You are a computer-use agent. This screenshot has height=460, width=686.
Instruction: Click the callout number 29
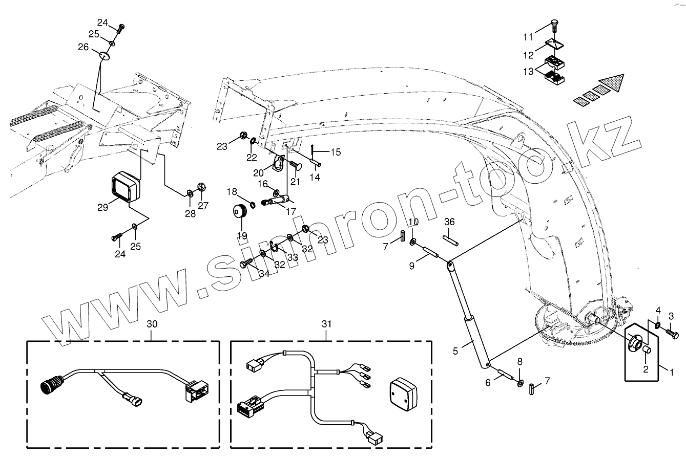coord(102,207)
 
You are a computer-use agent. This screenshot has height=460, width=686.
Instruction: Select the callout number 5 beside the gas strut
coord(455,352)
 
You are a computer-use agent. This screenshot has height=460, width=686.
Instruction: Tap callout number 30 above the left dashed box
coord(152,324)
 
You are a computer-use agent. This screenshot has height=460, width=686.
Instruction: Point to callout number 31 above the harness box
coord(327,324)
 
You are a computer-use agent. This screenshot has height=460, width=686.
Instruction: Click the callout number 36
coord(449,222)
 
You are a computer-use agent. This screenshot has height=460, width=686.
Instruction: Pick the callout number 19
coord(242,235)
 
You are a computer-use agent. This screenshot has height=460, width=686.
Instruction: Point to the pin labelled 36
coord(450,239)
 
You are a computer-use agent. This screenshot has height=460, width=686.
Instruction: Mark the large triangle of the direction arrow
coord(613,83)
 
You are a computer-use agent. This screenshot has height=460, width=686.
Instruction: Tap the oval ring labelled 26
coord(105,55)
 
